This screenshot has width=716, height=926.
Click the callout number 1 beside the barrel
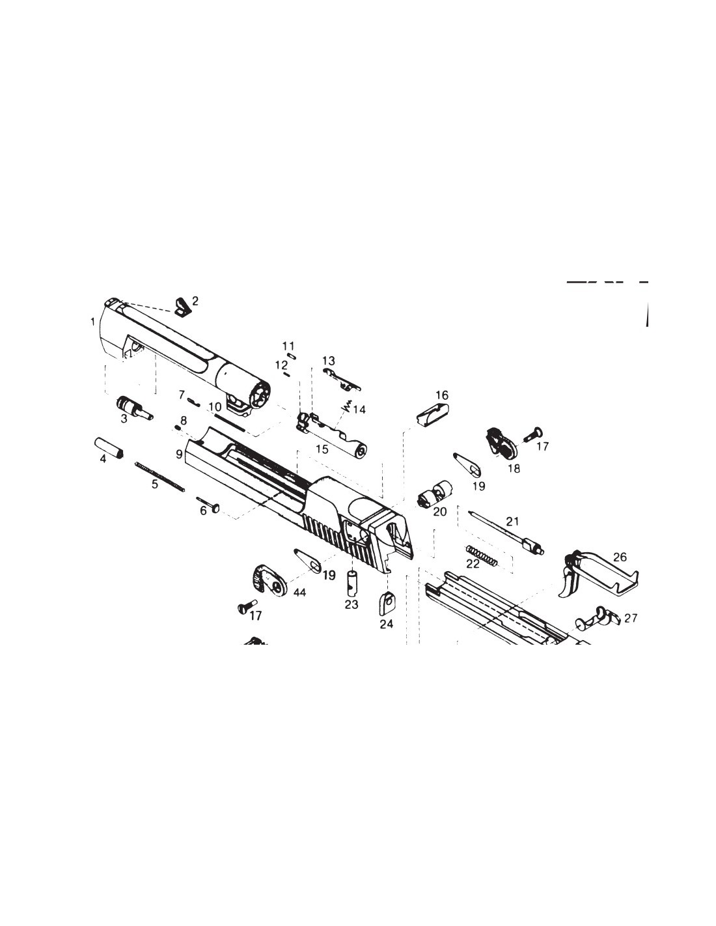click(x=93, y=322)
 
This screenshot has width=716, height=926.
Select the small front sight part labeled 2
click(x=183, y=307)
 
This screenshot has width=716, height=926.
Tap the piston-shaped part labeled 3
click(x=133, y=408)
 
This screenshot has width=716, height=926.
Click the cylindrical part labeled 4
click(x=108, y=447)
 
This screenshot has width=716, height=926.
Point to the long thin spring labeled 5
click(x=159, y=477)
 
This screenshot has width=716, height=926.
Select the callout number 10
click(x=215, y=406)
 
